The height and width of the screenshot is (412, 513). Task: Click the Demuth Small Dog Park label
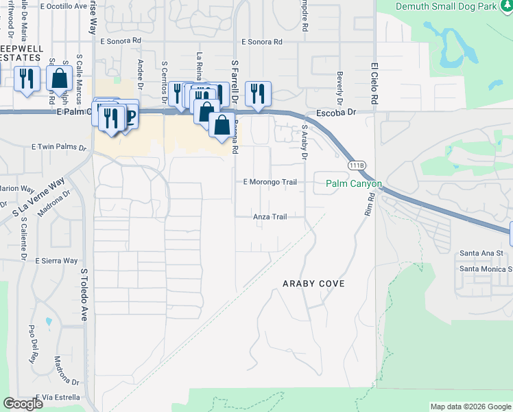click(454, 5)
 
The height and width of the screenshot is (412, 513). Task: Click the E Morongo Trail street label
click(271, 182)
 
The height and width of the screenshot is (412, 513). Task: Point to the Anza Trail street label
click(270, 216)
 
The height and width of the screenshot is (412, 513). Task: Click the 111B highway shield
click(355, 165)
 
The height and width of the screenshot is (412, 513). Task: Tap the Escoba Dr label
click(337, 112)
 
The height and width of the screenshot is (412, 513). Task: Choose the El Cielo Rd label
click(374, 84)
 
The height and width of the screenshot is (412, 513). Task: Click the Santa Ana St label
click(481, 253)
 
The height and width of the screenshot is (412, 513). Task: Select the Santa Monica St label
click(486, 268)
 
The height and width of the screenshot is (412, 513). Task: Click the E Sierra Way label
click(56, 261)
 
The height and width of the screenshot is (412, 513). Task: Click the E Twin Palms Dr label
click(60, 147)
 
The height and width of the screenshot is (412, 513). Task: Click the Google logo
click(23, 404)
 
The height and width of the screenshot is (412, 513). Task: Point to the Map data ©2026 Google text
click(470, 407)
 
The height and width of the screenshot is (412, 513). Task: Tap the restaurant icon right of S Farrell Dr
click(258, 94)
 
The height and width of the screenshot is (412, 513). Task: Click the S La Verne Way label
click(38, 200)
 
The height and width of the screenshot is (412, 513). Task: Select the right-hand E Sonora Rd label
click(259, 42)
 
